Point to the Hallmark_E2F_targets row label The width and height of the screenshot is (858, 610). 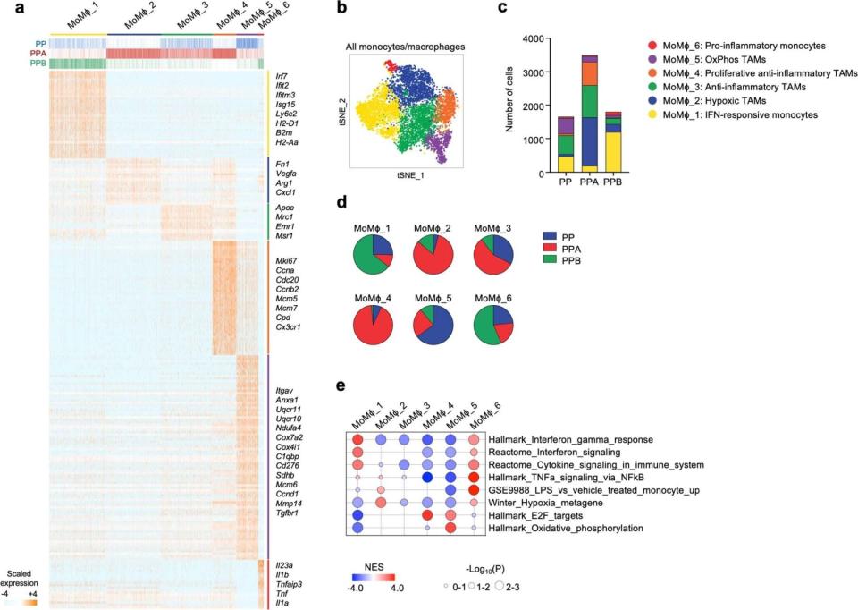click(x=535, y=516)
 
